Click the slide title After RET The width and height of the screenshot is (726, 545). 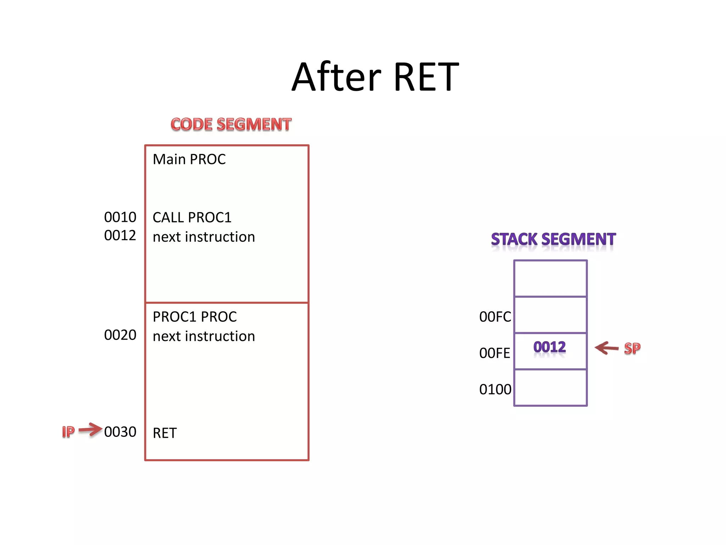point(375,77)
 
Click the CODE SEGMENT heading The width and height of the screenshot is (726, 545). point(231,125)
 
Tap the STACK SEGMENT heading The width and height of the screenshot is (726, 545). point(553,240)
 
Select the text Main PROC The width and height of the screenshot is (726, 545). point(189,159)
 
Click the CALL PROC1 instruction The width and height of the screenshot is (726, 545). point(192,218)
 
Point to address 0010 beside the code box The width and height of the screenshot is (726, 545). point(120,217)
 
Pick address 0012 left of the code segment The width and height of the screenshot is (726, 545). point(120,236)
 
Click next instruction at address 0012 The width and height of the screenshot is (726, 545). point(203,237)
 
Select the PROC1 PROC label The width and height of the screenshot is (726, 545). point(195,317)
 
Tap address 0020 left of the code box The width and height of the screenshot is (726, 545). point(120,335)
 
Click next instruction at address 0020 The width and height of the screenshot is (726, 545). point(203,336)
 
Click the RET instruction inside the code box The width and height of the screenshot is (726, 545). point(164,433)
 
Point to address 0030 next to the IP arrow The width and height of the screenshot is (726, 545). point(120,432)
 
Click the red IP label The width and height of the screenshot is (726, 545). point(68,432)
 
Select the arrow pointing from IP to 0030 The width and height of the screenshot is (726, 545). point(90,430)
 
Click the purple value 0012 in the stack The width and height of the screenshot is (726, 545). point(549,347)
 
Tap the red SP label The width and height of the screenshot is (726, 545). point(632,348)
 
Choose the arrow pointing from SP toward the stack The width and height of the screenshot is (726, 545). point(607,348)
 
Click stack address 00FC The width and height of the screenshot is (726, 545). point(495,317)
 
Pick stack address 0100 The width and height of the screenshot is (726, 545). point(495,390)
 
